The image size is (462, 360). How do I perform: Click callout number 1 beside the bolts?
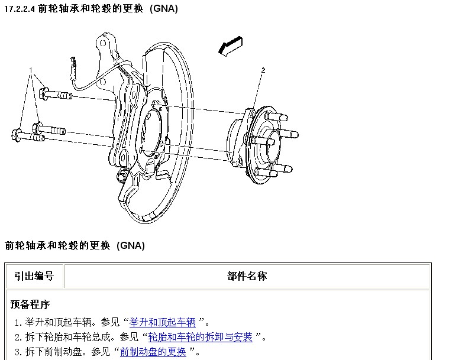coord(31,70)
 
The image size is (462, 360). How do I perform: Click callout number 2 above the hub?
coord(263,70)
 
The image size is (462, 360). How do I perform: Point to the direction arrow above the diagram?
coord(231,46)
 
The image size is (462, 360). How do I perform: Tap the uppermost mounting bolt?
coord(56,94)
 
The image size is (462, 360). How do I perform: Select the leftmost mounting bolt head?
coord(17,135)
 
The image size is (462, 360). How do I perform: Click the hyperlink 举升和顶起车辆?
coord(162,322)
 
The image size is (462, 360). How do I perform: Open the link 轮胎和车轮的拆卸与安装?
coord(200,337)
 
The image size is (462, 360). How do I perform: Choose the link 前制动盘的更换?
coord(153,352)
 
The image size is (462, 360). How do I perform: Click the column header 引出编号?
coord(34,276)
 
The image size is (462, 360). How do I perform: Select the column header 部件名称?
coord(247,276)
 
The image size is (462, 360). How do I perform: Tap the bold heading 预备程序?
coord(30,304)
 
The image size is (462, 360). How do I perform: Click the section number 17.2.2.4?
coord(20,9)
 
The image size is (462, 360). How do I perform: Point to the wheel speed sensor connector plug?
coord(73,68)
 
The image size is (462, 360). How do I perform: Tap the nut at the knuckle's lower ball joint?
coord(122,176)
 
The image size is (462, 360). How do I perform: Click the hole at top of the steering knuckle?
coord(103,44)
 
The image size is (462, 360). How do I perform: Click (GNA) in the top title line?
coord(164,8)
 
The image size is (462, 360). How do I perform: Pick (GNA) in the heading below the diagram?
coord(131,245)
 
